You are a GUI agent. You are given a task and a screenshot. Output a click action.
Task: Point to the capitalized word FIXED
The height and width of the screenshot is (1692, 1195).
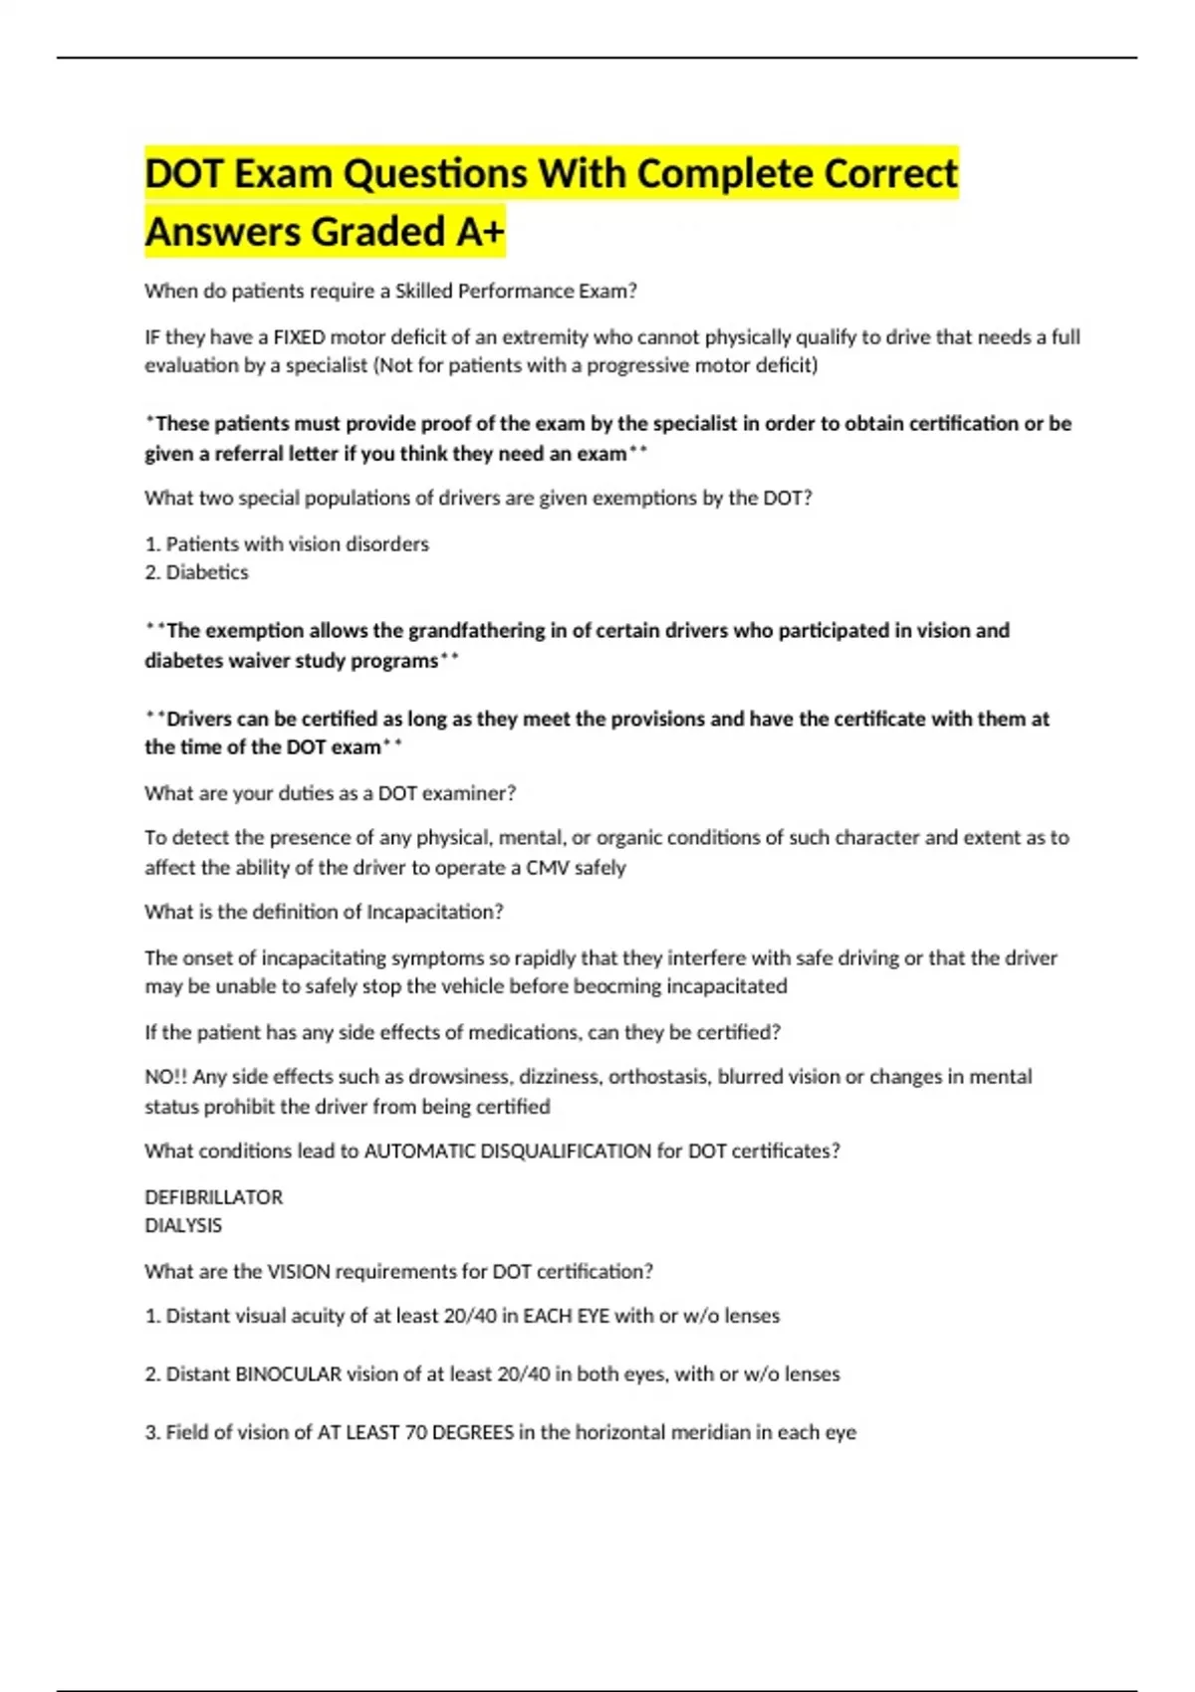[299, 336]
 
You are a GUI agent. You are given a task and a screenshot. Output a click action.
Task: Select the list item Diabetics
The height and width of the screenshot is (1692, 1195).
[207, 572]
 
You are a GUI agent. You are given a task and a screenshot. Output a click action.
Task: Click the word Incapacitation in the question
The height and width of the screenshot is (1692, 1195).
[434, 912]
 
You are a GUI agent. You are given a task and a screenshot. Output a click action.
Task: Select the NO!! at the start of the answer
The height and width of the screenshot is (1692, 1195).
[165, 1077]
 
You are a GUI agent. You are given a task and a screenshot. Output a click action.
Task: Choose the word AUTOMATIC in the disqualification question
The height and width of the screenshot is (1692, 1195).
[419, 1152]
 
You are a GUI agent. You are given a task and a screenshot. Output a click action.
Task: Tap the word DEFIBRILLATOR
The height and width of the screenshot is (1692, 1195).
[213, 1197]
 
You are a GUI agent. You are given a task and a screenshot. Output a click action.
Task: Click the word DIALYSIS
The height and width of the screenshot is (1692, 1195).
[183, 1225]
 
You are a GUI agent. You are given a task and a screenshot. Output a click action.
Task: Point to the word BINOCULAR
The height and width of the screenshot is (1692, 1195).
[288, 1375]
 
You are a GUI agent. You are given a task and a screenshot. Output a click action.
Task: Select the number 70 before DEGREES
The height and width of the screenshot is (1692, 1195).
[415, 1432]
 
